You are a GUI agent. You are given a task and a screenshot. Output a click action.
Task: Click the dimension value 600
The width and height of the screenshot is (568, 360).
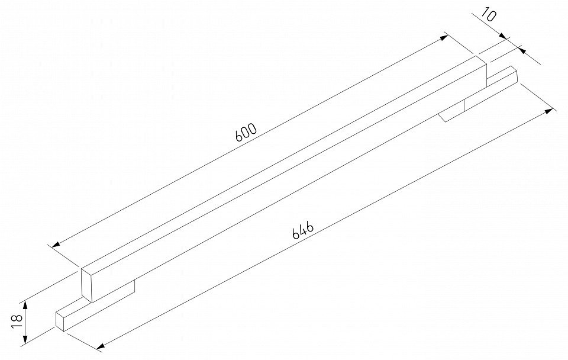coord(246,132)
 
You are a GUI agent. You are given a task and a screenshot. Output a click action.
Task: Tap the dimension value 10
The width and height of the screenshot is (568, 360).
coord(488,15)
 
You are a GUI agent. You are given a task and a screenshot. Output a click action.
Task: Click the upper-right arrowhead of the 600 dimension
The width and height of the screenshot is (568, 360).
coord(444,38)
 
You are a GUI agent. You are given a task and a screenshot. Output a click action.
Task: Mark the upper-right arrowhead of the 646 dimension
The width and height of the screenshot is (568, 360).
coord(549,111)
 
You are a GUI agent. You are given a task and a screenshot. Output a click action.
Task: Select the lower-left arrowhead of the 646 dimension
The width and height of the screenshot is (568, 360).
coord(101,347)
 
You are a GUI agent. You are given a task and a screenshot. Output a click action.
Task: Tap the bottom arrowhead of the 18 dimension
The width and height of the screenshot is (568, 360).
coord(25,339)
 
